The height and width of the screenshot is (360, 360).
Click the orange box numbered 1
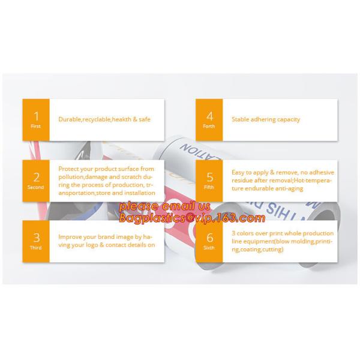36,119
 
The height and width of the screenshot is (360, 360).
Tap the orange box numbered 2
36,180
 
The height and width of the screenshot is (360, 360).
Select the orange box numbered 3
36,241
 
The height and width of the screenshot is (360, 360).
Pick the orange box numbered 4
209,119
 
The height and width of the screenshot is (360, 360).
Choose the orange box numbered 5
209,180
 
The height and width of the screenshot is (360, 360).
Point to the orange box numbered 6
209,241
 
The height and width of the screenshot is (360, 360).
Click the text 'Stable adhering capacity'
265,119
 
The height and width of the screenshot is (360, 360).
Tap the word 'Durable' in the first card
68,119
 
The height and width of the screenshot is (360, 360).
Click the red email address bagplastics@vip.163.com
191,218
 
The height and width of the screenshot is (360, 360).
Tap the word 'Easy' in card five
238,173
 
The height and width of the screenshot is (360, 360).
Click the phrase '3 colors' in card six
243,233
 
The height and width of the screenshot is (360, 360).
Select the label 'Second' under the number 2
36,187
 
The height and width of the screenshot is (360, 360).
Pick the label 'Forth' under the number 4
209,127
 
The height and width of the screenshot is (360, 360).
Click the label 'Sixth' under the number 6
209,248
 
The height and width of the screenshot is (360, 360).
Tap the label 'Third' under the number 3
36,248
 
